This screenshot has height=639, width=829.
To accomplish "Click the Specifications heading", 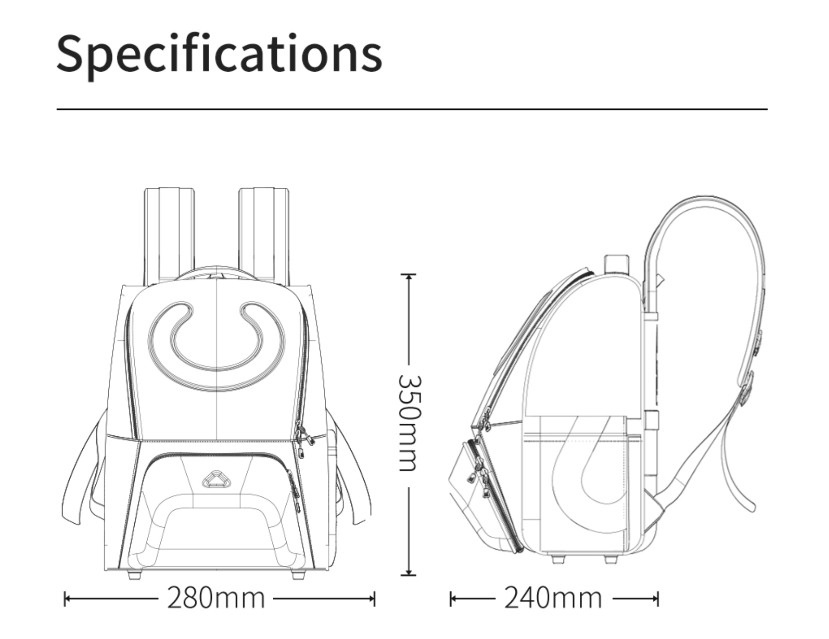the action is (219, 54).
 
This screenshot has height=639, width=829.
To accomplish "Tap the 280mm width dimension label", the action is (216, 598).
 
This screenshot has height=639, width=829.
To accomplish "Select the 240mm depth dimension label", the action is (553, 598).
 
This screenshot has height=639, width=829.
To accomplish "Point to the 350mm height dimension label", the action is (410, 423).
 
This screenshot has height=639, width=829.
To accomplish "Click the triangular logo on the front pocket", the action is (216, 479).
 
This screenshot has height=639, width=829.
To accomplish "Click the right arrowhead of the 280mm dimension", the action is (371, 599).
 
